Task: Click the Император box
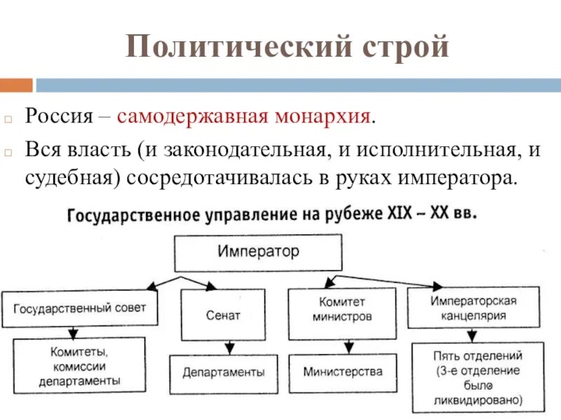coord(258,252)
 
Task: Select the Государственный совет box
coord(79,309)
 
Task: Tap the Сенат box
coord(223,315)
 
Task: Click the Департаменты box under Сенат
coord(224,372)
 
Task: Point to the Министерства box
coord(343,372)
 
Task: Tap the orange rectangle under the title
coord(15,85)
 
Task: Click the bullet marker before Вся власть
coord(8,152)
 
